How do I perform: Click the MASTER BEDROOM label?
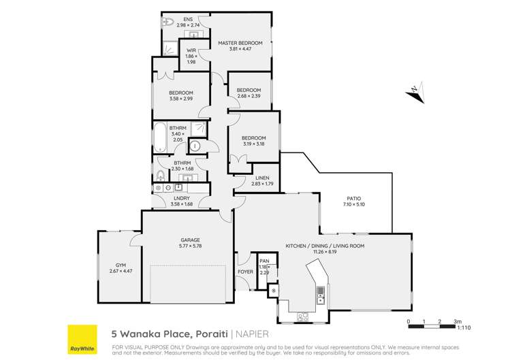tap(240, 42)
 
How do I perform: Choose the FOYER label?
tap(245, 272)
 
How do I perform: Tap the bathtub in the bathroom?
tap(160, 137)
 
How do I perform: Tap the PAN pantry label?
tap(264, 261)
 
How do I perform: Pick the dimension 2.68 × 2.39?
tap(249, 96)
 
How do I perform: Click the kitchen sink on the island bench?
tap(319, 293)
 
